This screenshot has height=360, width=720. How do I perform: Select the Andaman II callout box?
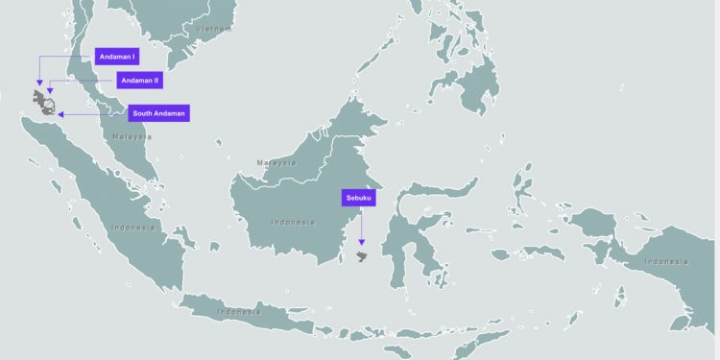[140, 80]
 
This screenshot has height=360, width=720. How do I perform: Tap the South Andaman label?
[158, 113]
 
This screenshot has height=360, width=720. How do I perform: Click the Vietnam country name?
[214, 29]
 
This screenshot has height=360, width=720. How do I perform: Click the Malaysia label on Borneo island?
[276, 162]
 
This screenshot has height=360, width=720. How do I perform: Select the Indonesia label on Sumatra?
[132, 228]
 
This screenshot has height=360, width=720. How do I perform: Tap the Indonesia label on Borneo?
[292, 222]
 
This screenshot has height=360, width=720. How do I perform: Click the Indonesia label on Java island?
[239, 311]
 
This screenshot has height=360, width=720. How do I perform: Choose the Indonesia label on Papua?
[665, 261]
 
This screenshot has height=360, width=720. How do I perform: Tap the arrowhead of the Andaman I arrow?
[39, 85]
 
